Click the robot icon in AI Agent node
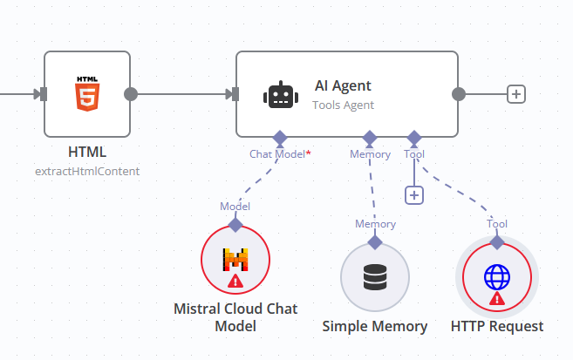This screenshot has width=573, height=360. coord(278,94)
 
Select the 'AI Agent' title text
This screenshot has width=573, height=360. coord(343,85)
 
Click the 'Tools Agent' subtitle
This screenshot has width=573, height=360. coord(343,105)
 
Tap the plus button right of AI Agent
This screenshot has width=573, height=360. coord(516,94)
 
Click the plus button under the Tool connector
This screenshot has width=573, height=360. coord(414,195)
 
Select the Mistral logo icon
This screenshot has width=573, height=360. coord(235,259)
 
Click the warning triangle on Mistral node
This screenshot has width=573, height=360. coord(235,281)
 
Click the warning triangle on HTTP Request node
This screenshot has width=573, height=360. coord(497,298)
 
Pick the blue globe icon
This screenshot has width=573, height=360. coord(497,277)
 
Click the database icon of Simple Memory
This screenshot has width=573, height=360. coord(375,276)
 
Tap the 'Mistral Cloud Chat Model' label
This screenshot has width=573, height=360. coord(235,317)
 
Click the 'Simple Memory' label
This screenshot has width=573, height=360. coord(375,327)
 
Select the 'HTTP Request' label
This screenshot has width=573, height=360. coord(497,327)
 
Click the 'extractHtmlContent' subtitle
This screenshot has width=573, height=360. coord(86,171)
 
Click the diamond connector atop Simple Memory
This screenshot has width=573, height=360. coord(375,241)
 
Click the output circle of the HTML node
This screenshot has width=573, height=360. coord(131,94)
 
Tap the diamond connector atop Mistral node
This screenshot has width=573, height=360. coord(235,224)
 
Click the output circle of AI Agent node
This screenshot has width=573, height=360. coord(459,94)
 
